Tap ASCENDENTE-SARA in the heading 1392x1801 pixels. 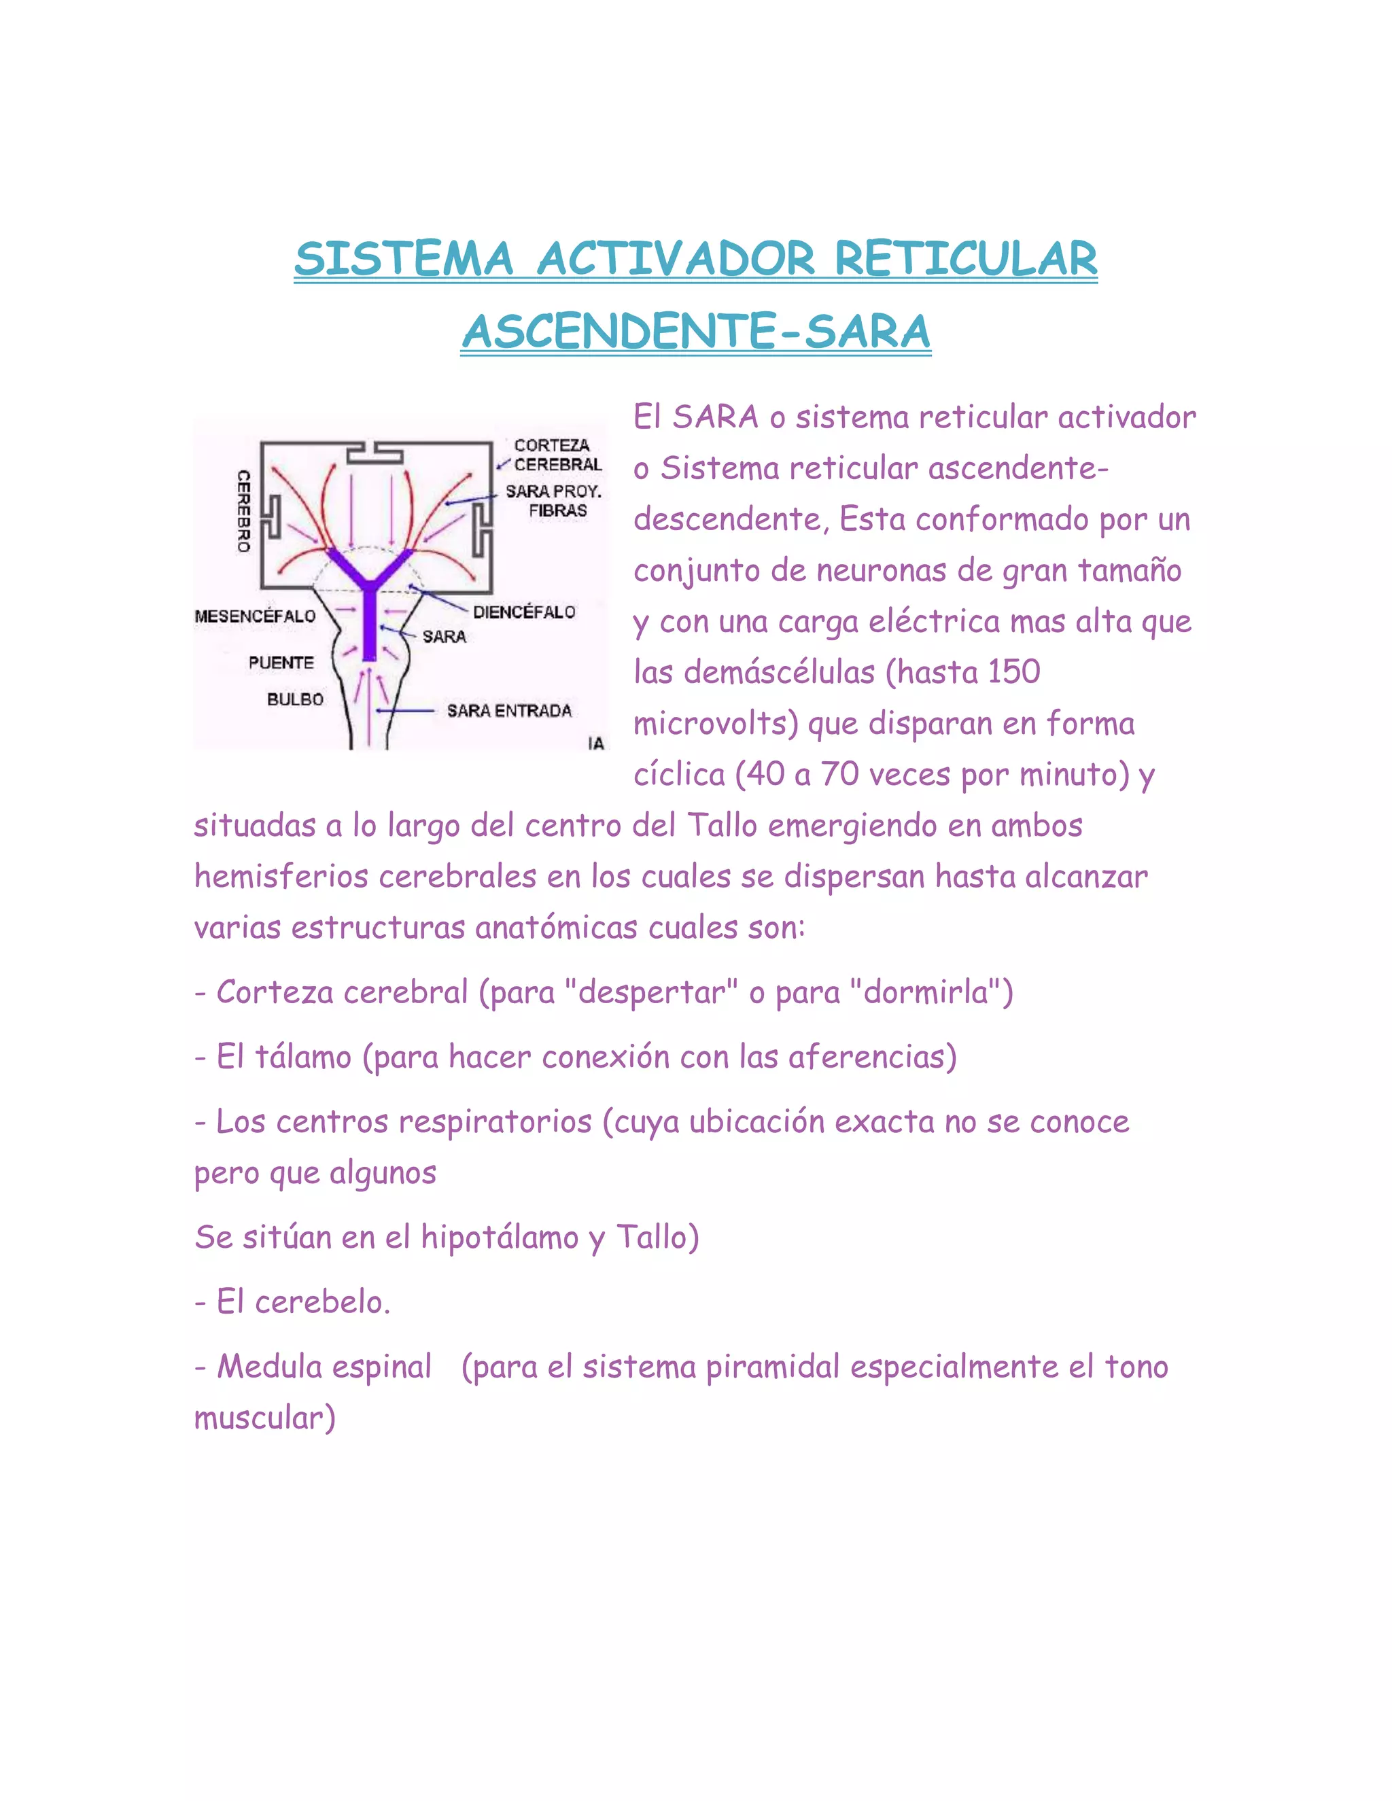point(696,332)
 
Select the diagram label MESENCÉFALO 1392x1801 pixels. point(255,616)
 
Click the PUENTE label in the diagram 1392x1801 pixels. point(281,662)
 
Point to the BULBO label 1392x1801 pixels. point(295,699)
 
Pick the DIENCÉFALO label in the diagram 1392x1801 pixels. point(523,612)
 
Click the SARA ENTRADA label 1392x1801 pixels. point(509,711)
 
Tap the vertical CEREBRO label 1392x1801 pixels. point(243,510)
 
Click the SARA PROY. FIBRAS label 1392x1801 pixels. point(554,501)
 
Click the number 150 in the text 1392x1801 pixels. point(1013,672)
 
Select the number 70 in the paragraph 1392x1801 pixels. point(839,774)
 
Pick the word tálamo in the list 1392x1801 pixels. point(302,1056)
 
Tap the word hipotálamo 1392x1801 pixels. point(500,1237)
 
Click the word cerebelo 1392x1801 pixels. point(321,1302)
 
